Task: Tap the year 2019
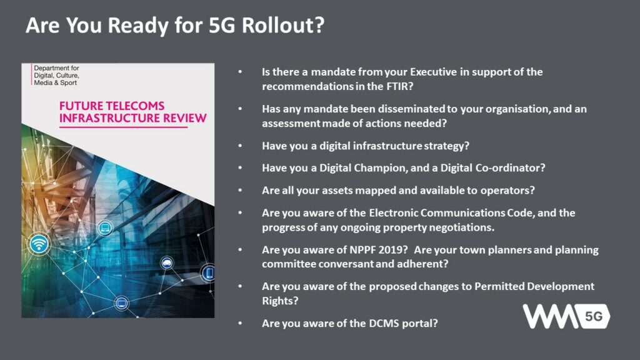pyautogui.click(x=392, y=249)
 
